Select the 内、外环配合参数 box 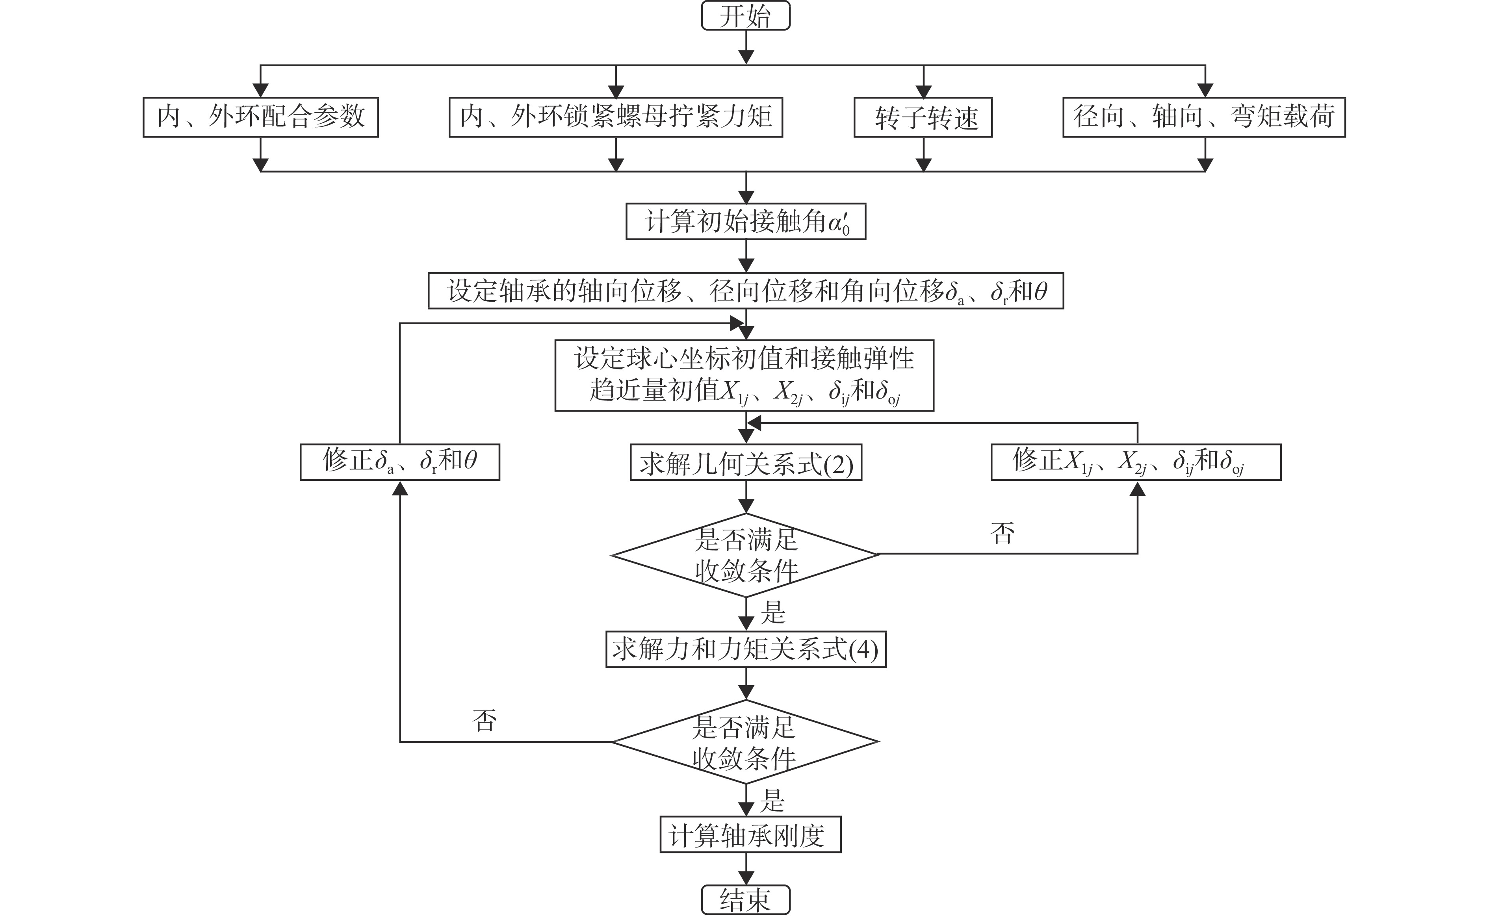pyautogui.click(x=261, y=117)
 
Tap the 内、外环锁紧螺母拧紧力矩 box pyautogui.click(x=616, y=117)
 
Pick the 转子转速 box pyautogui.click(x=923, y=117)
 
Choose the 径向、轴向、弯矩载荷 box pyautogui.click(x=1204, y=117)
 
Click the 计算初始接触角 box pyautogui.click(x=745, y=222)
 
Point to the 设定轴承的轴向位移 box pyautogui.click(x=745, y=291)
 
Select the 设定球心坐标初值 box pyautogui.click(x=744, y=376)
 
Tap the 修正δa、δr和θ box pyautogui.click(x=400, y=463)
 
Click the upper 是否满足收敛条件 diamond pyautogui.click(x=745, y=555)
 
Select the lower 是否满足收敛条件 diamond pyautogui.click(x=745, y=742)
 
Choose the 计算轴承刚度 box pyautogui.click(x=750, y=835)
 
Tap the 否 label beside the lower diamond pyautogui.click(x=484, y=720)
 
